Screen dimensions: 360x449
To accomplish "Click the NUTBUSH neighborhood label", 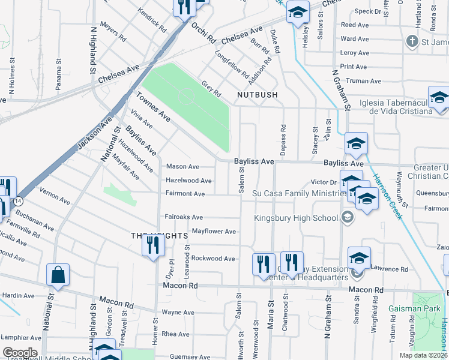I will [257, 95].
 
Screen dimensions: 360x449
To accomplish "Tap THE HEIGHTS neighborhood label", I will [155, 236].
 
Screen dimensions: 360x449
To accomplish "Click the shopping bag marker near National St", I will [58, 275].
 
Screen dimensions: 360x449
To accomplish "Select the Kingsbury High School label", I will [296, 218].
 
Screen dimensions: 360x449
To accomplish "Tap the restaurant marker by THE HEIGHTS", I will [152, 246].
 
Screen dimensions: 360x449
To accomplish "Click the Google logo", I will [20, 353].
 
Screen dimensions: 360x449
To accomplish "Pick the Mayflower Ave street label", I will [214, 231].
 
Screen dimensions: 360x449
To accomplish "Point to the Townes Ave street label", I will [153, 107].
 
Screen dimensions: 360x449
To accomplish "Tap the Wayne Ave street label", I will [178, 312].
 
